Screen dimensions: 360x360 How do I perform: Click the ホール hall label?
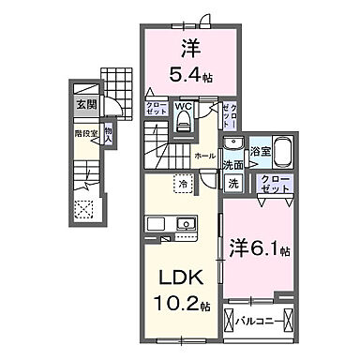pos(203,156)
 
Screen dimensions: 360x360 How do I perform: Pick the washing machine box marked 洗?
pos(232,185)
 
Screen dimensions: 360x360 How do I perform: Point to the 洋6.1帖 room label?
pos(260,249)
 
